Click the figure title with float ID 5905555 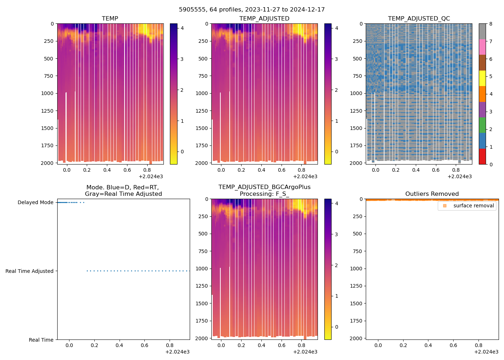(252, 10)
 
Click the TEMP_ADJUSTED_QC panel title (419, 19)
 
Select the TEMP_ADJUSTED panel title (264, 19)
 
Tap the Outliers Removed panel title (432, 194)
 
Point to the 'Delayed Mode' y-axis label (35, 203)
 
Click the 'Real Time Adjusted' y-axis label (29, 271)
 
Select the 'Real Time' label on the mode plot (41, 340)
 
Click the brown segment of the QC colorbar (482, 63)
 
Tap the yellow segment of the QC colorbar (482, 78)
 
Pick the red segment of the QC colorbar (482, 157)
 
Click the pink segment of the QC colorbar (482, 47)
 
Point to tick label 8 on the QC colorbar (491, 24)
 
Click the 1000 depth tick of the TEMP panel (49, 94)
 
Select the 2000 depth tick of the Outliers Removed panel (356, 338)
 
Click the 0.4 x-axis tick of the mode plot (119, 346)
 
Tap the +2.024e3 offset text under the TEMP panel (151, 177)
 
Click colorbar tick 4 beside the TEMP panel (182, 28)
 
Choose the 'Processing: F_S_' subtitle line (264, 194)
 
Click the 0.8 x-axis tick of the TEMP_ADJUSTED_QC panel (456, 170)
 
